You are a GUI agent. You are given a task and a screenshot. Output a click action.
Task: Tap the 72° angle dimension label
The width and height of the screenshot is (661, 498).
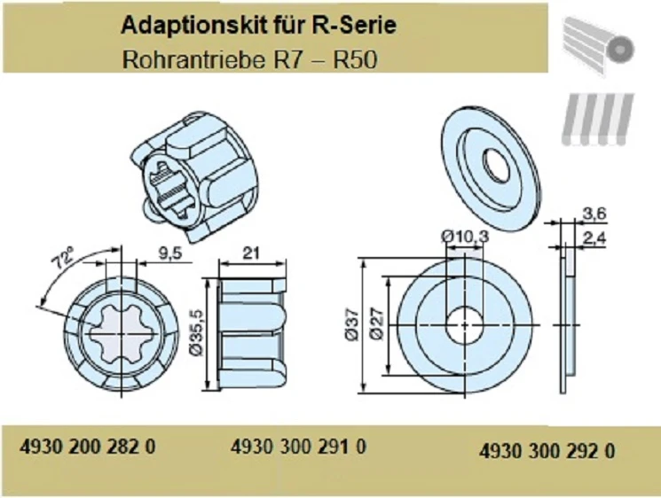pos(65,258)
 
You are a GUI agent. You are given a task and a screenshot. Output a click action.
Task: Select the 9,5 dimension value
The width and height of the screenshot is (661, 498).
pos(168,253)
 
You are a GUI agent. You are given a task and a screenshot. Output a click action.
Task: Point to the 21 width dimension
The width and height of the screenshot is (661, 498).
pos(250,253)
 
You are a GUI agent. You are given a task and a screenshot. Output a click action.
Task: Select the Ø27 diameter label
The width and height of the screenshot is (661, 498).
pos(379,326)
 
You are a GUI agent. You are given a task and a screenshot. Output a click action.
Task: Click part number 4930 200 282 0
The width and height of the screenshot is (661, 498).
pos(87,447)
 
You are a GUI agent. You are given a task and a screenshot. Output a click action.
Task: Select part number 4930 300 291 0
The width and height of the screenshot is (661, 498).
pos(298,447)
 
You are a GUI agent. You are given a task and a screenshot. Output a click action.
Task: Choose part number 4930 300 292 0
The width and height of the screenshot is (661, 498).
pos(547,450)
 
